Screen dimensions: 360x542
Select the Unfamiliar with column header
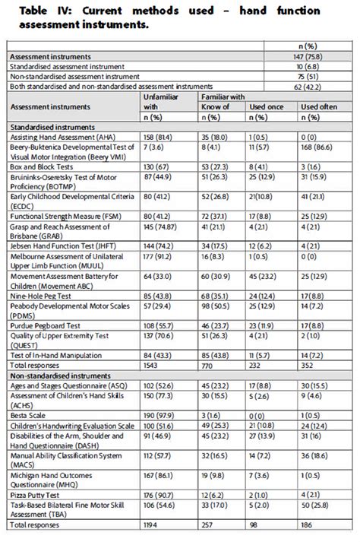click(x=161, y=102)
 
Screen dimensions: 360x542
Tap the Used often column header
click(x=319, y=107)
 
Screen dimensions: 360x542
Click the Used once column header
click(x=267, y=107)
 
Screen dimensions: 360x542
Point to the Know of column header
click(x=215, y=107)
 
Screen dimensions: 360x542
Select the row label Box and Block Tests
click(x=42, y=167)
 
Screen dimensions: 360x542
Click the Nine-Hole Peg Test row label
click(x=40, y=296)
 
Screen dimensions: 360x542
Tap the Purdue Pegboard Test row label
click(x=45, y=326)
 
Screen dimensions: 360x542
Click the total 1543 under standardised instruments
click(x=150, y=366)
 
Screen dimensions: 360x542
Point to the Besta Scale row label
click(x=27, y=416)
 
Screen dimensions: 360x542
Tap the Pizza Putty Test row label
click(x=34, y=495)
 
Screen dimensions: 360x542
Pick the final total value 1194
click(x=150, y=525)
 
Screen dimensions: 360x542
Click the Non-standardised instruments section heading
click(x=61, y=376)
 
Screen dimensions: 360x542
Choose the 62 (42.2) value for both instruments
click(x=308, y=87)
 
